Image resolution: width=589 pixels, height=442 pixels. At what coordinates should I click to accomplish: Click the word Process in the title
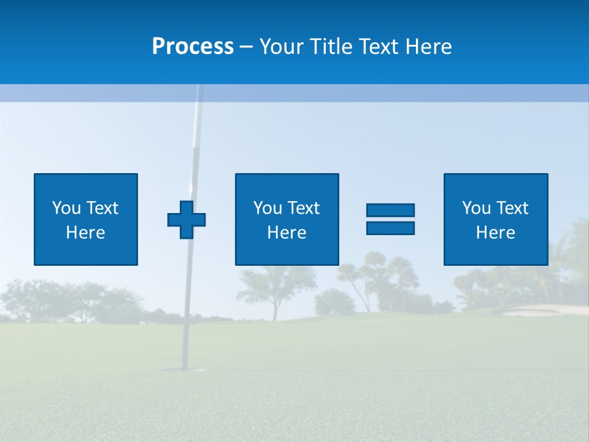[193, 47]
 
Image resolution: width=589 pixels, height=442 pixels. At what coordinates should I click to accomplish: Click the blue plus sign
[187, 220]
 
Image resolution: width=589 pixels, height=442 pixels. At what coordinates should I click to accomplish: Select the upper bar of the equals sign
[390, 210]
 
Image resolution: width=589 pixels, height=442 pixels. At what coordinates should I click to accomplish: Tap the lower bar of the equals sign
[390, 228]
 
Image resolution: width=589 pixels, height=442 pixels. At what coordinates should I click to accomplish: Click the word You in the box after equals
[476, 208]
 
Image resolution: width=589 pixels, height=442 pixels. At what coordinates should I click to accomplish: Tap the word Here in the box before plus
[86, 233]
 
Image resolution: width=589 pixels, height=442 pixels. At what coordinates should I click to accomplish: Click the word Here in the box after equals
[496, 233]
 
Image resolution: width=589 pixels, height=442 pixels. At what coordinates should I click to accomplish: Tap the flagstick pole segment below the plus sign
[185, 295]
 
